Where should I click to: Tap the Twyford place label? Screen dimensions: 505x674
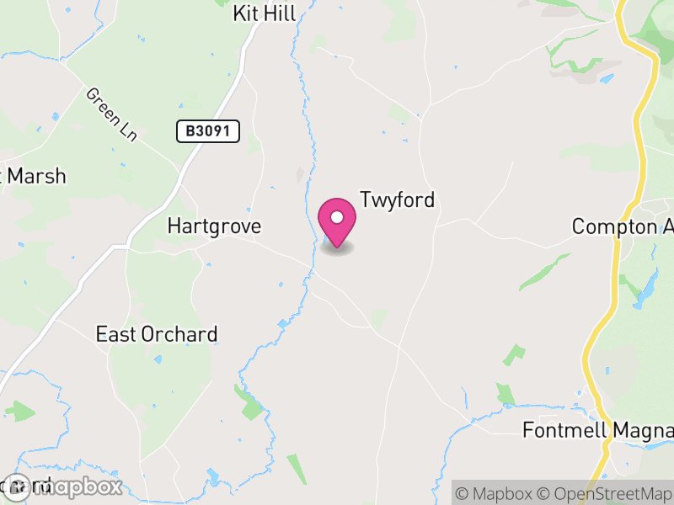(x=398, y=200)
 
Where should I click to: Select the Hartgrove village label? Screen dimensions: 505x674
(x=214, y=226)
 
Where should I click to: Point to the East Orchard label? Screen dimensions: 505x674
(x=157, y=334)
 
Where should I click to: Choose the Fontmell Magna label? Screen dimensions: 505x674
(x=597, y=430)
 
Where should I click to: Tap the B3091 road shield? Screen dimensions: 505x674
(x=208, y=130)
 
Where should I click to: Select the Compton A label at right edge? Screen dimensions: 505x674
(x=622, y=227)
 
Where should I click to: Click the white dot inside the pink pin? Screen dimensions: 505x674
(x=337, y=217)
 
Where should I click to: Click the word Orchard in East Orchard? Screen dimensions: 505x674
(x=178, y=334)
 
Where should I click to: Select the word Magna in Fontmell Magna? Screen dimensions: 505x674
(x=645, y=430)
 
